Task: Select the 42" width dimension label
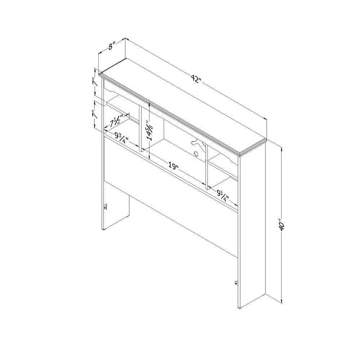(x=196, y=80)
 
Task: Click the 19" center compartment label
(x=174, y=166)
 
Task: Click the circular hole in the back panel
(x=196, y=153)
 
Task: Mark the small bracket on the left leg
(x=105, y=206)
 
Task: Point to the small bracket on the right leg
(x=236, y=283)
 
